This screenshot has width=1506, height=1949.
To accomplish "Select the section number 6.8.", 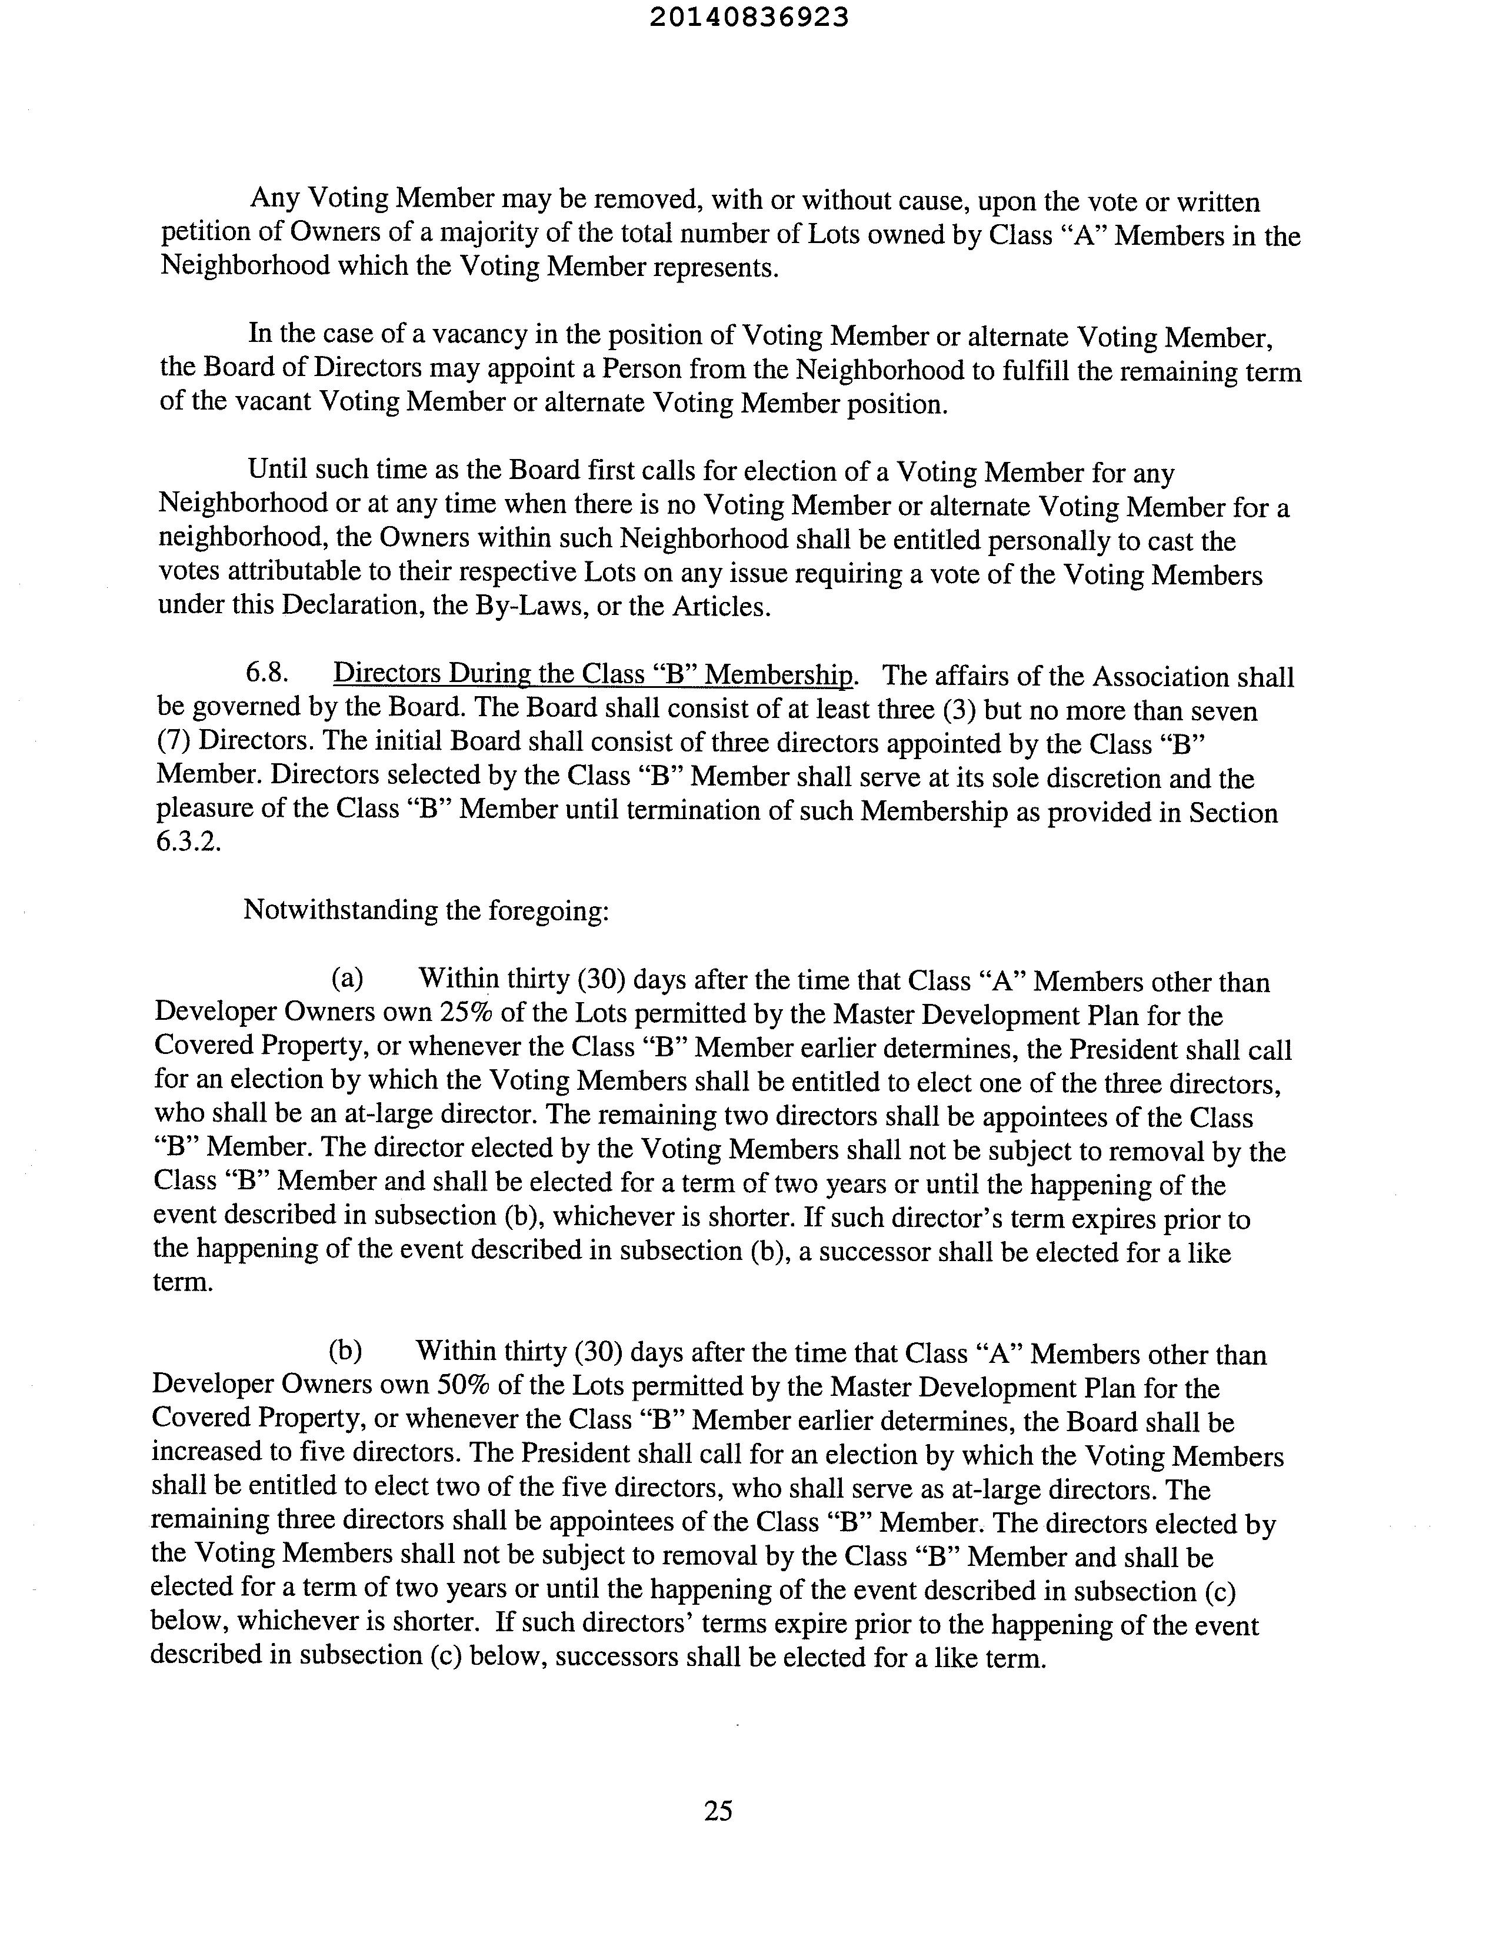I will pyautogui.click(x=266, y=674).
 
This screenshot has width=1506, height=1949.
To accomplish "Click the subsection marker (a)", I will pyautogui.click(x=347, y=979).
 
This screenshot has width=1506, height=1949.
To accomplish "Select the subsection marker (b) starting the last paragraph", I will pyautogui.click(x=345, y=1351).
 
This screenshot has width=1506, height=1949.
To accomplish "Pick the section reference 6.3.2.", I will pyautogui.click(x=187, y=843).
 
